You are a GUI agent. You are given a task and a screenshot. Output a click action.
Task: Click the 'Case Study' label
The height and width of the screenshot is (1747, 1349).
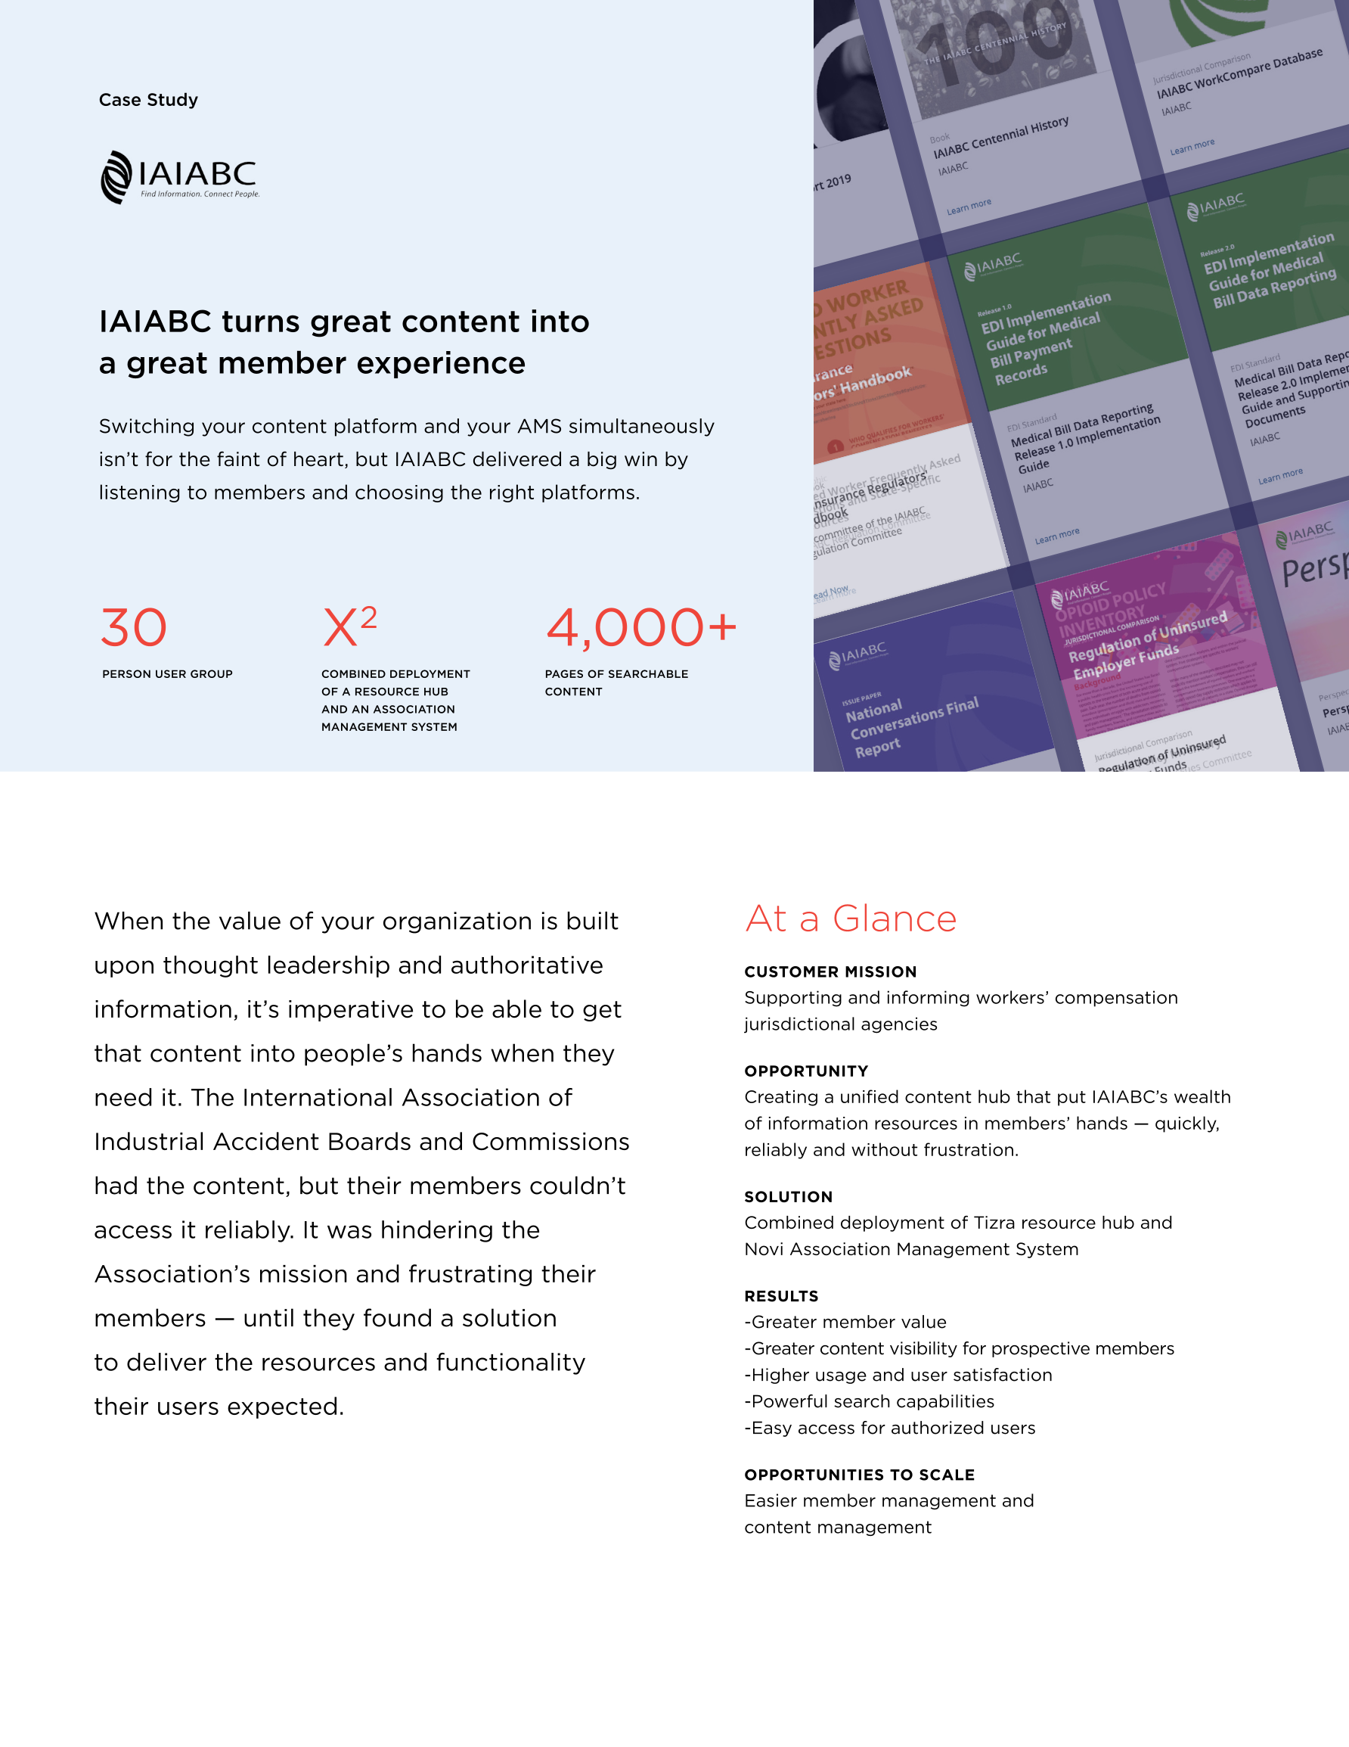[148, 100]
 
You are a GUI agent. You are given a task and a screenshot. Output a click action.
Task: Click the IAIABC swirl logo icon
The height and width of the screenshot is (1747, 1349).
[116, 177]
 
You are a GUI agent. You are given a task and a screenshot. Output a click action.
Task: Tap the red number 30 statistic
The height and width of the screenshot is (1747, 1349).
[134, 628]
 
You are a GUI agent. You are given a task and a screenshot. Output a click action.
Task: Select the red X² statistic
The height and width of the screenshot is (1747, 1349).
[349, 626]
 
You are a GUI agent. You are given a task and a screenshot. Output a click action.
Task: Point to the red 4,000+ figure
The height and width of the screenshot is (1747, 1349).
[640, 628]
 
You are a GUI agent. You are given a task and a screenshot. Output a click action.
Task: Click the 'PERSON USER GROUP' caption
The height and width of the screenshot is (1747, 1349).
[167, 674]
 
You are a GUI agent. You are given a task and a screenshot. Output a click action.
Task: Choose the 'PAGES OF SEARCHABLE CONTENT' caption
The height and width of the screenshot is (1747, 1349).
[616, 683]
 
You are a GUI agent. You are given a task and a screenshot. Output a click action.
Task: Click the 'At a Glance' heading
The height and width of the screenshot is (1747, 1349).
[850, 919]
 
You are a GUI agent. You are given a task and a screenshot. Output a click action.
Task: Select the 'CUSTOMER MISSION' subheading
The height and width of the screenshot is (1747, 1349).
[830, 972]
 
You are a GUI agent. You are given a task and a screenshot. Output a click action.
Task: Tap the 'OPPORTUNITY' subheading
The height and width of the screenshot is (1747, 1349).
[805, 1071]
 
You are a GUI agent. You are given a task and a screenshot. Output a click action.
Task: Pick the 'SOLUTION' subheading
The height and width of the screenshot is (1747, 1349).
[788, 1197]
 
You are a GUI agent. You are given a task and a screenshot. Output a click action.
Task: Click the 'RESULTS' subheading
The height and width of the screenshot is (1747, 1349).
[780, 1296]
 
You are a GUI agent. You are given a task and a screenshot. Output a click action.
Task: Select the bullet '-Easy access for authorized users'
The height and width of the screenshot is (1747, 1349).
[889, 1428]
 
